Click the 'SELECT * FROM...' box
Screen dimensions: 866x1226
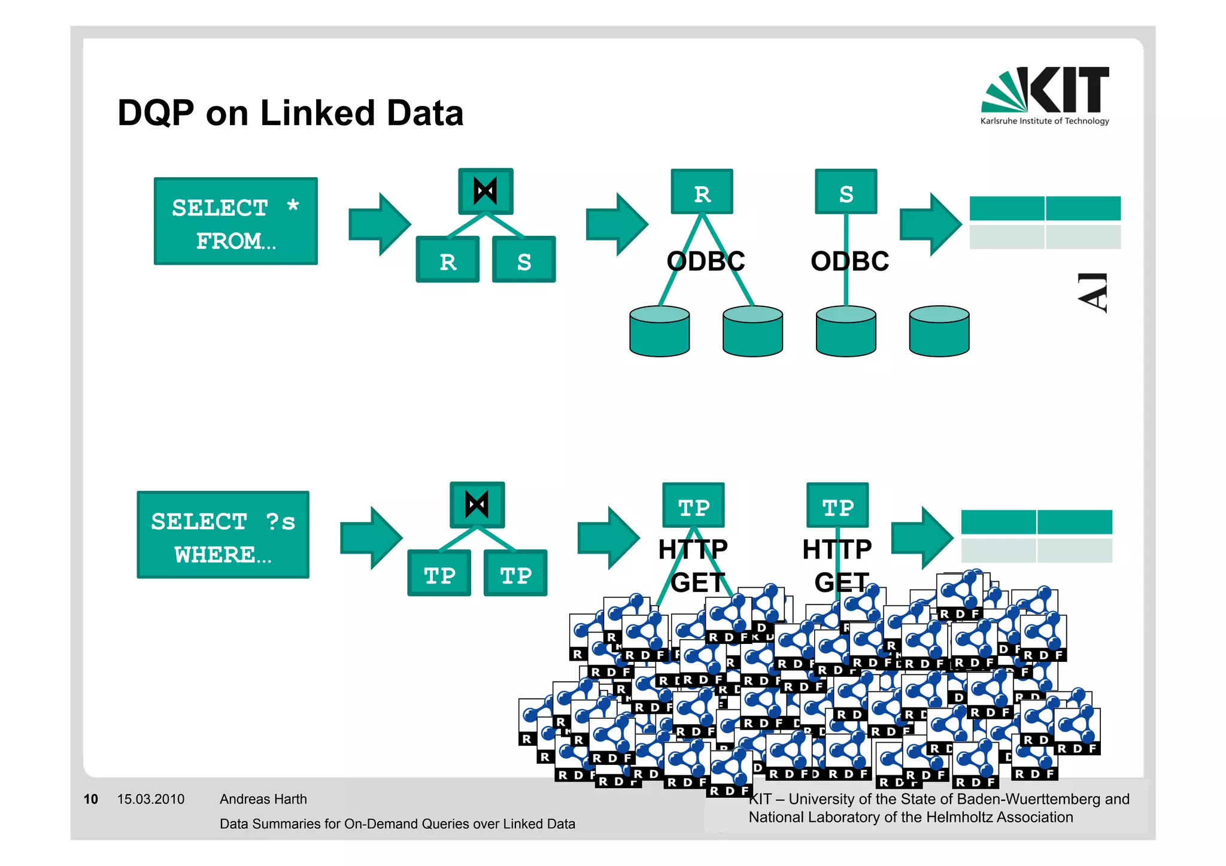[235, 221]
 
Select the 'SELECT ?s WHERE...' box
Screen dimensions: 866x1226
[223, 535]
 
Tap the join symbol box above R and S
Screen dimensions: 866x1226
[485, 192]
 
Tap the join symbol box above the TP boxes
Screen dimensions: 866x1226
[477, 505]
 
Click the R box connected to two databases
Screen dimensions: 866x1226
[702, 192]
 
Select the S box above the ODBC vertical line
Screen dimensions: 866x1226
[846, 192]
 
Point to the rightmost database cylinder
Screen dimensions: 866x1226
[939, 332]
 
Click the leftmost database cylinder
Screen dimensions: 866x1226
[659, 332]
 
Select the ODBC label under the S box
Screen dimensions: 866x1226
[850, 262]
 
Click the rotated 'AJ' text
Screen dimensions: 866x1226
[1094, 293]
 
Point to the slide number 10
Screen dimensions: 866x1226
[90, 800]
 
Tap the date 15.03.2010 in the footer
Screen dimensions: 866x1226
[151, 800]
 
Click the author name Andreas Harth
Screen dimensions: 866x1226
[263, 800]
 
